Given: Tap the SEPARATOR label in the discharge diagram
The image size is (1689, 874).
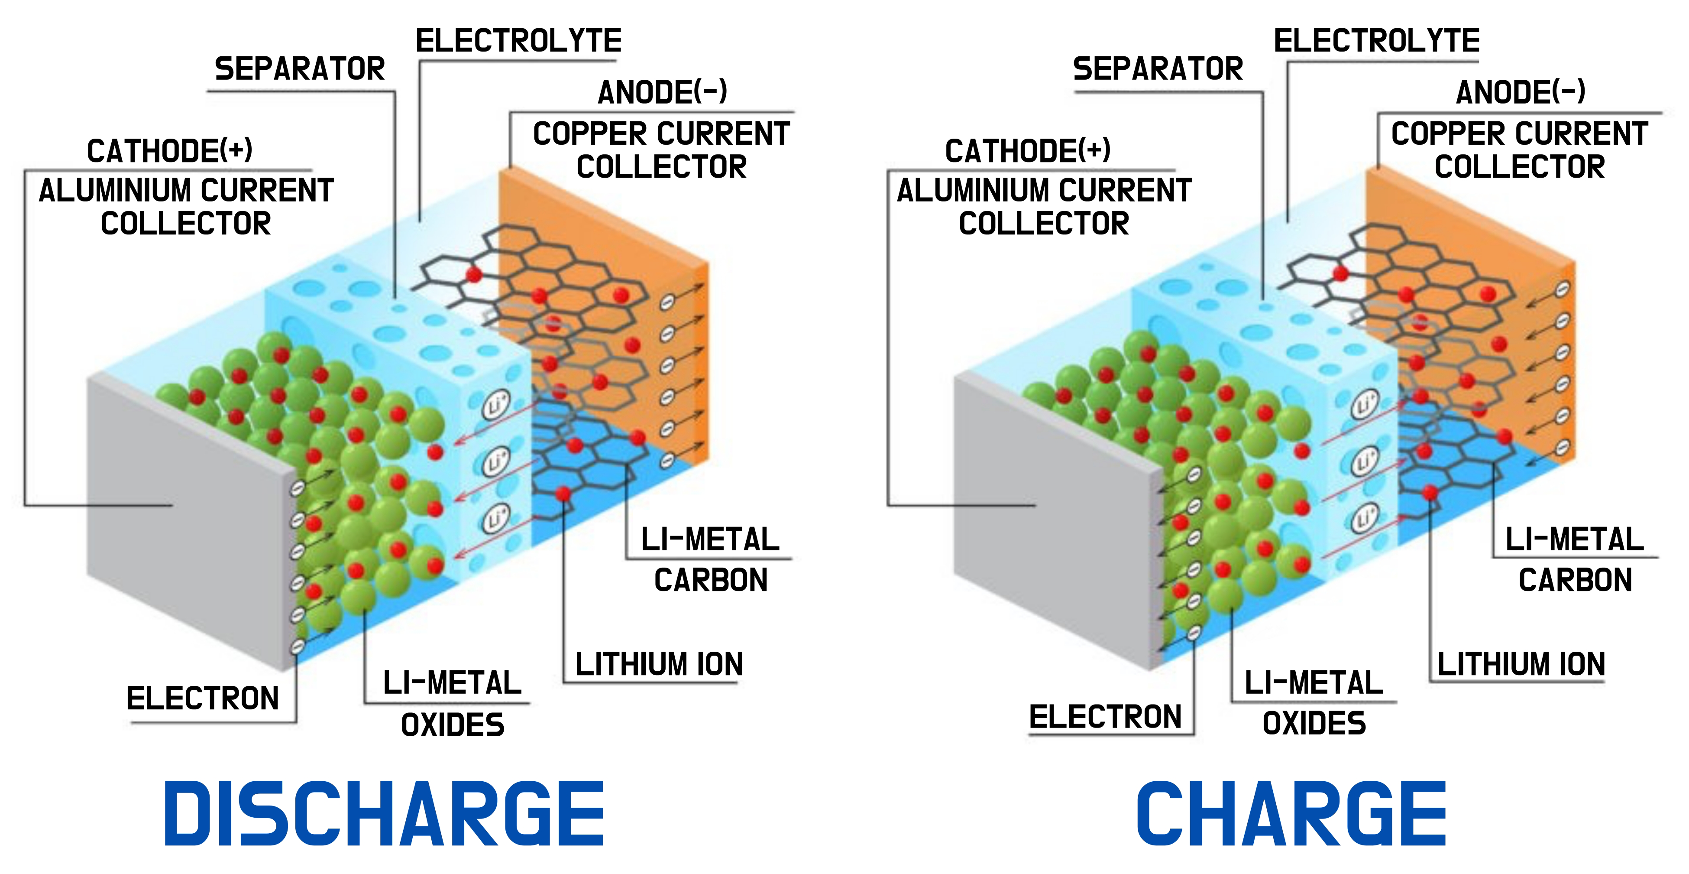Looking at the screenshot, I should (x=300, y=69).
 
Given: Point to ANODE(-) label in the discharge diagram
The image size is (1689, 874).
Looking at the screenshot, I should (x=662, y=92).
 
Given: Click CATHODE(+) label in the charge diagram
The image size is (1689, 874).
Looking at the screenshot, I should (x=1027, y=151).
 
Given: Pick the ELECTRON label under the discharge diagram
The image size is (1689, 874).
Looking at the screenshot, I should (x=203, y=698).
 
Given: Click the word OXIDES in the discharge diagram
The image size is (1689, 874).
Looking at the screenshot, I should (x=453, y=725).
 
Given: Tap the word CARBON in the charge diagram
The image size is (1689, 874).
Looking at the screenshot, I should (x=1575, y=580).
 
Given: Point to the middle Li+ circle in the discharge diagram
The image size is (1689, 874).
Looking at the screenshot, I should (x=496, y=461).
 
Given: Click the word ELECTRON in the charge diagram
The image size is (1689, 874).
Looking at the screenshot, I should (x=1106, y=717).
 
